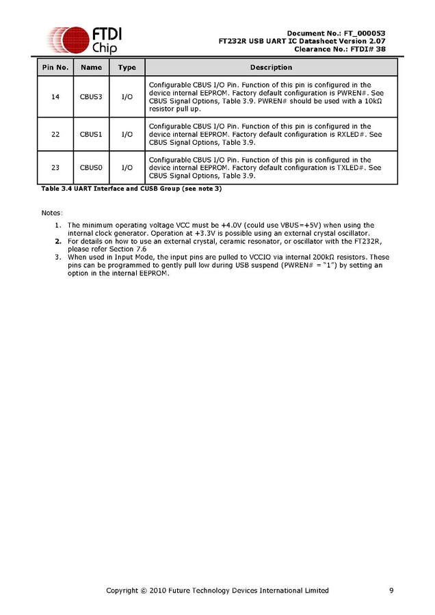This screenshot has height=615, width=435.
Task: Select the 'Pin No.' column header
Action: point(55,68)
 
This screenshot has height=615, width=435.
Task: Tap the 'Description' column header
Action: point(271,68)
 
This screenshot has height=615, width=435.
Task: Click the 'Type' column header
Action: point(127,68)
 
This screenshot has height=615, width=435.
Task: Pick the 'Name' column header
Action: point(91,68)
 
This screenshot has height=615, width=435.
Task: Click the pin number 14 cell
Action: point(55,96)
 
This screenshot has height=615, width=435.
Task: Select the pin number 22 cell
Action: point(55,135)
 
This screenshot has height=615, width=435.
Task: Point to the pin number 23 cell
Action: point(55,167)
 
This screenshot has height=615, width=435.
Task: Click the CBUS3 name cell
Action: point(91,96)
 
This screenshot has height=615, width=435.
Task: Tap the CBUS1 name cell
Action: point(91,135)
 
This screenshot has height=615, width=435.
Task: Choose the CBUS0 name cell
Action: point(91,167)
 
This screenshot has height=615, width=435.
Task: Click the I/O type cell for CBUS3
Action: point(127,96)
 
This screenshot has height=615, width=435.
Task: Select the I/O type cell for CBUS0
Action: point(127,167)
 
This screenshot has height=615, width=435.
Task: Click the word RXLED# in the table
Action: point(350,135)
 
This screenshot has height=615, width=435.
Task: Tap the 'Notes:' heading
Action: point(52,213)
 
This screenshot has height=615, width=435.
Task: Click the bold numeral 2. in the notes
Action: point(58,241)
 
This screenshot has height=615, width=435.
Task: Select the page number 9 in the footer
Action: point(391,590)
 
